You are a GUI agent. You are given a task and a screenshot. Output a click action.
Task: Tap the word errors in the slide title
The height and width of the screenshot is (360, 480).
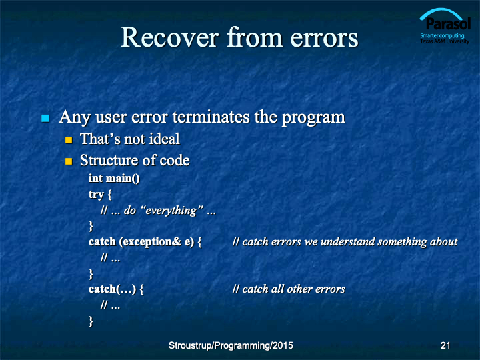325,39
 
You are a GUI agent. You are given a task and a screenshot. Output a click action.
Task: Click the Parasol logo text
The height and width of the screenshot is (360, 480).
448,23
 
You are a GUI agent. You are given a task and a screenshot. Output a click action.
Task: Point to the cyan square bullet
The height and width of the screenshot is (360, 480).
45,118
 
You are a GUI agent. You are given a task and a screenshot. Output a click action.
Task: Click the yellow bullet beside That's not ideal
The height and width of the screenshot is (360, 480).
69,140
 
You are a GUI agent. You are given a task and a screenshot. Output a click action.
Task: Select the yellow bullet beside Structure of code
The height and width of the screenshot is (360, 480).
69,161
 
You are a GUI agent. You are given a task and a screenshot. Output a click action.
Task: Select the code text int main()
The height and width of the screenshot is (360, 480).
114,178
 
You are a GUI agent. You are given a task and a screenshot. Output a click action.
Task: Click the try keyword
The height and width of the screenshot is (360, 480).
96,195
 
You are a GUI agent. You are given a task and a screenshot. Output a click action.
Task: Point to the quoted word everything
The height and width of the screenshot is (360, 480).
171,211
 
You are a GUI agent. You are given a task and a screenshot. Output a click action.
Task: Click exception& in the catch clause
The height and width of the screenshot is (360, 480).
152,242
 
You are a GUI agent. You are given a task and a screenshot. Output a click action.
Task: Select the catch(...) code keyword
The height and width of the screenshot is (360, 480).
113,289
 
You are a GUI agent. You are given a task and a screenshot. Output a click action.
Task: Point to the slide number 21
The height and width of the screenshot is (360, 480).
445,345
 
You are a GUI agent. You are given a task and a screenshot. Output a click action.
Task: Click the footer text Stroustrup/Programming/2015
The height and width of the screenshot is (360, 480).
231,345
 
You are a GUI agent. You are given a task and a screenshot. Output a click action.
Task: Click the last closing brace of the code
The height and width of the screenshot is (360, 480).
91,321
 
